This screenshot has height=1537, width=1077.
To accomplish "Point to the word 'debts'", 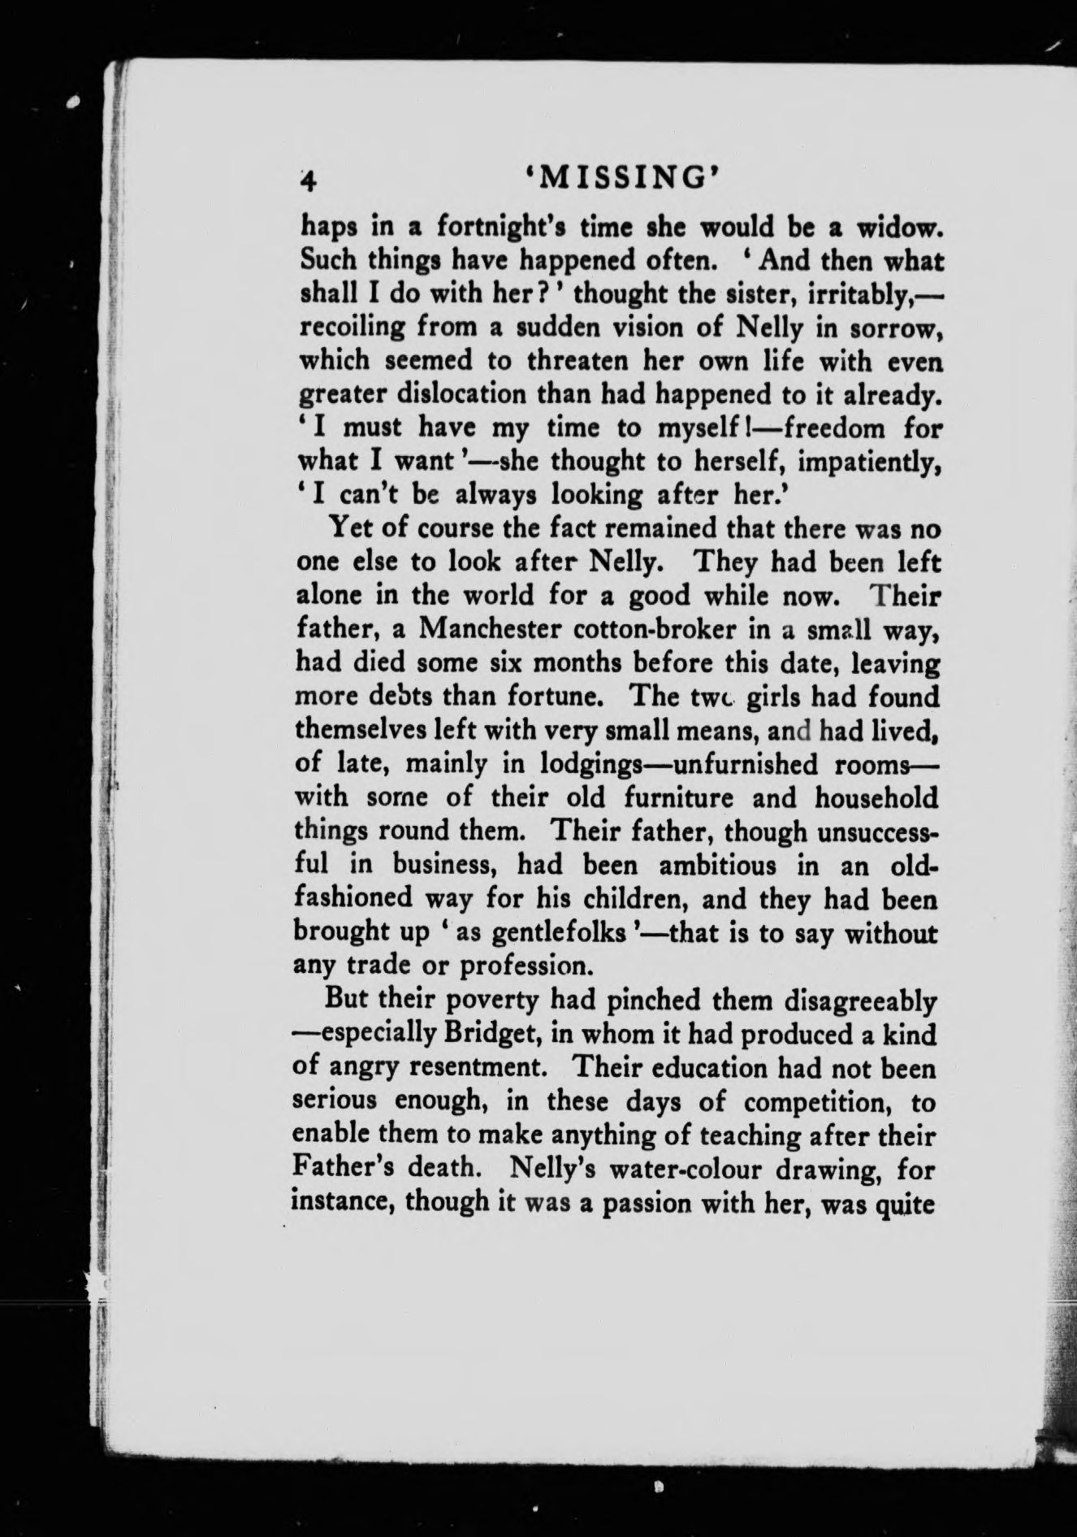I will click(399, 697).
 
